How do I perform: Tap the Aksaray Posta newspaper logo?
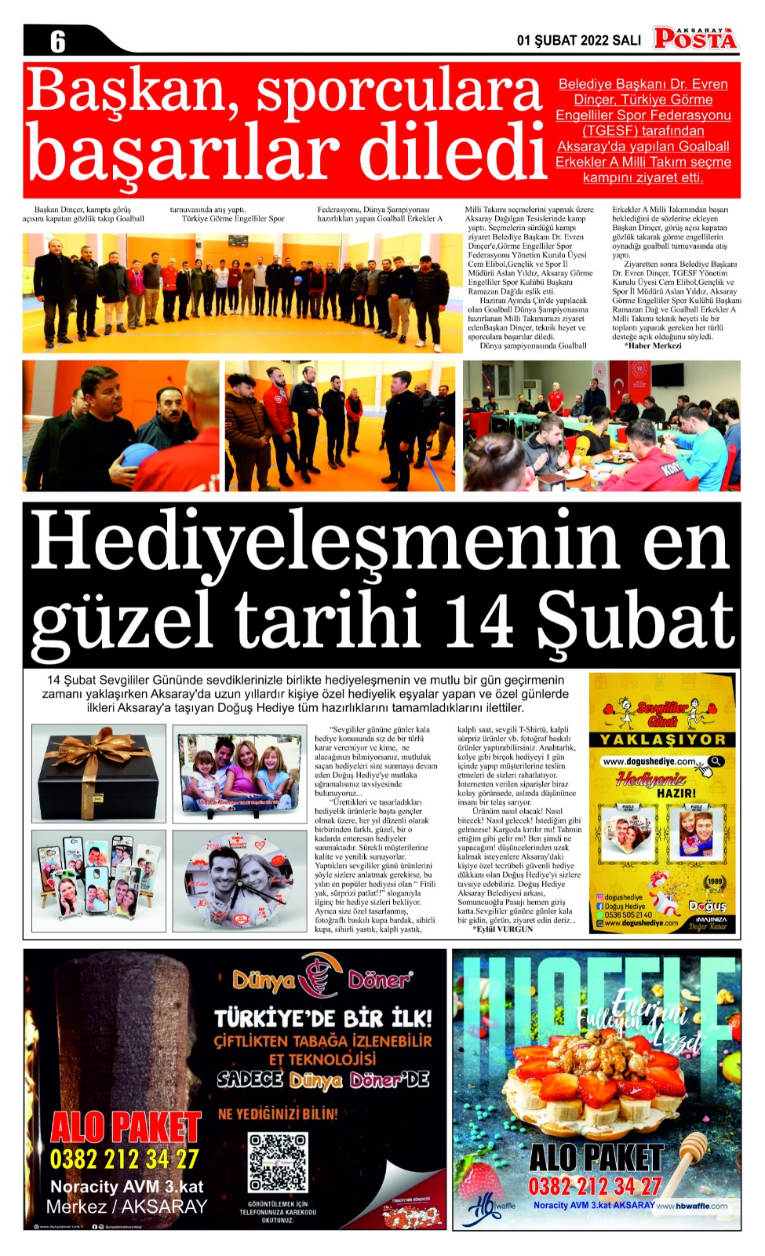[695, 37]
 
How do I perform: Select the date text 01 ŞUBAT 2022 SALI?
[578, 41]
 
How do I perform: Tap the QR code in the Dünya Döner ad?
[278, 1161]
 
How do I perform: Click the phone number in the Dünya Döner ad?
[125, 1159]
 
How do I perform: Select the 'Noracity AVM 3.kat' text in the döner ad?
[126, 1186]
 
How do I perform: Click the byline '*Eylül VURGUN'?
[503, 929]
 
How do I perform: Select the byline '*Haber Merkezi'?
[653, 345]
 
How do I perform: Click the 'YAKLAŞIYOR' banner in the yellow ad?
[663, 739]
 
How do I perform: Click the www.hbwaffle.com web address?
[691, 1206]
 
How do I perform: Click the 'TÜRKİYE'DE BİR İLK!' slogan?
[323, 1018]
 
